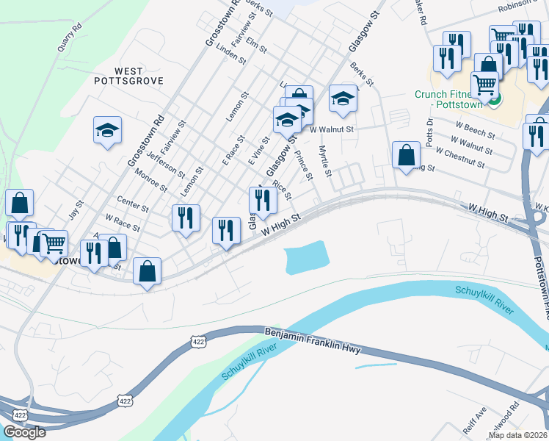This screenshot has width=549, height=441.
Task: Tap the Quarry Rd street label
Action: pyautogui.click(x=68, y=40)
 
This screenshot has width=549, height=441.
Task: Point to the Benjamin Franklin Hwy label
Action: pyautogui.click(x=313, y=343)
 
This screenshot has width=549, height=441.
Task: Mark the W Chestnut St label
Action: pyautogui.click(x=459, y=157)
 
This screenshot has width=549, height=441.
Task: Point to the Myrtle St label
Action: pyautogui.click(x=326, y=161)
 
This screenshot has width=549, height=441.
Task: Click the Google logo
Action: pyautogui.click(x=24, y=432)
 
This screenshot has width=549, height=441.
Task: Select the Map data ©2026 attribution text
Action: pyautogui.click(x=518, y=435)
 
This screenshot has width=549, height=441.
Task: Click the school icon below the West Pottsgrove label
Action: pyautogui.click(x=107, y=130)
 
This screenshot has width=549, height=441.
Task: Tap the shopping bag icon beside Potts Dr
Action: pyautogui.click(x=406, y=155)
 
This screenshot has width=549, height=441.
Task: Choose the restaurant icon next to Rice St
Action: pyautogui.click(x=262, y=199)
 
